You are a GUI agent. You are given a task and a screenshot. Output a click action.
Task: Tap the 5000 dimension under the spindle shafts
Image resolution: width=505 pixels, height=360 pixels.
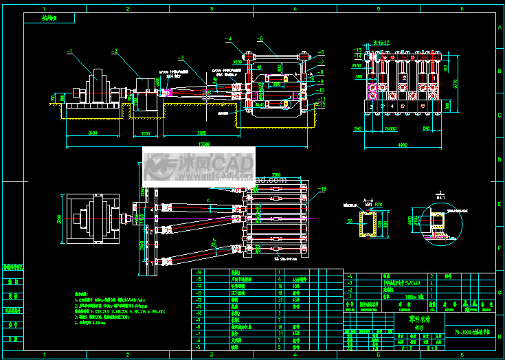[202, 132]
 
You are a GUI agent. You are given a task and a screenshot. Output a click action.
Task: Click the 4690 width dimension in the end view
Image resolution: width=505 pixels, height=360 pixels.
[403, 144]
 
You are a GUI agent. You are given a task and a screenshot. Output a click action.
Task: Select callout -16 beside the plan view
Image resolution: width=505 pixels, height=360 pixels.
[324, 188]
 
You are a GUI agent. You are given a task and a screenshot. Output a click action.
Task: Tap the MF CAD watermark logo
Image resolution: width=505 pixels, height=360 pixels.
[199, 167]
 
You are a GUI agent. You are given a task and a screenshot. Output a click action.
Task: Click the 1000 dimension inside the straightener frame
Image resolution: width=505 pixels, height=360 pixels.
[275, 82]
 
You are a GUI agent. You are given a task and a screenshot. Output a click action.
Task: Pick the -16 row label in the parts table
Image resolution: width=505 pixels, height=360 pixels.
[200, 272]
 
